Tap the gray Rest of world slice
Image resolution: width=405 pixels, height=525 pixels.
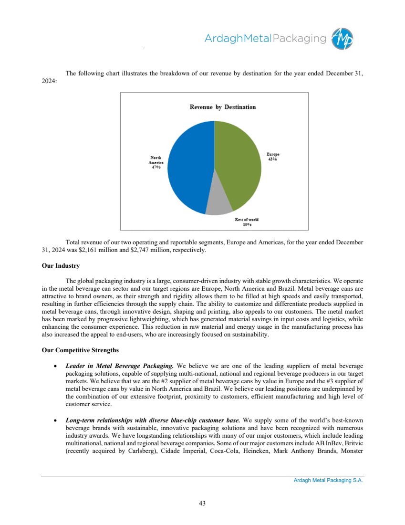pos(218,206)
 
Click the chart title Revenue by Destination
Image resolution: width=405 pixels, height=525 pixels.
pos(222,107)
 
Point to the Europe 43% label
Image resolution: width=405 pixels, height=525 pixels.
pos(272,157)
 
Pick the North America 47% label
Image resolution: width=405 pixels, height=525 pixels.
pos(156,162)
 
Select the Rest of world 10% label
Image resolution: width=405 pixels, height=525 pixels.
pos(247,222)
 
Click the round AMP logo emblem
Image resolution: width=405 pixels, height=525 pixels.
pos(343,39)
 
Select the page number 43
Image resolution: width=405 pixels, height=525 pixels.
pos(202,503)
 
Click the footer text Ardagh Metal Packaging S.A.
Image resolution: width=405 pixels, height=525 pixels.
pos(328,481)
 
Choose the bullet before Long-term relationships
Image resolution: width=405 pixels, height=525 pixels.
pos(56,421)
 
